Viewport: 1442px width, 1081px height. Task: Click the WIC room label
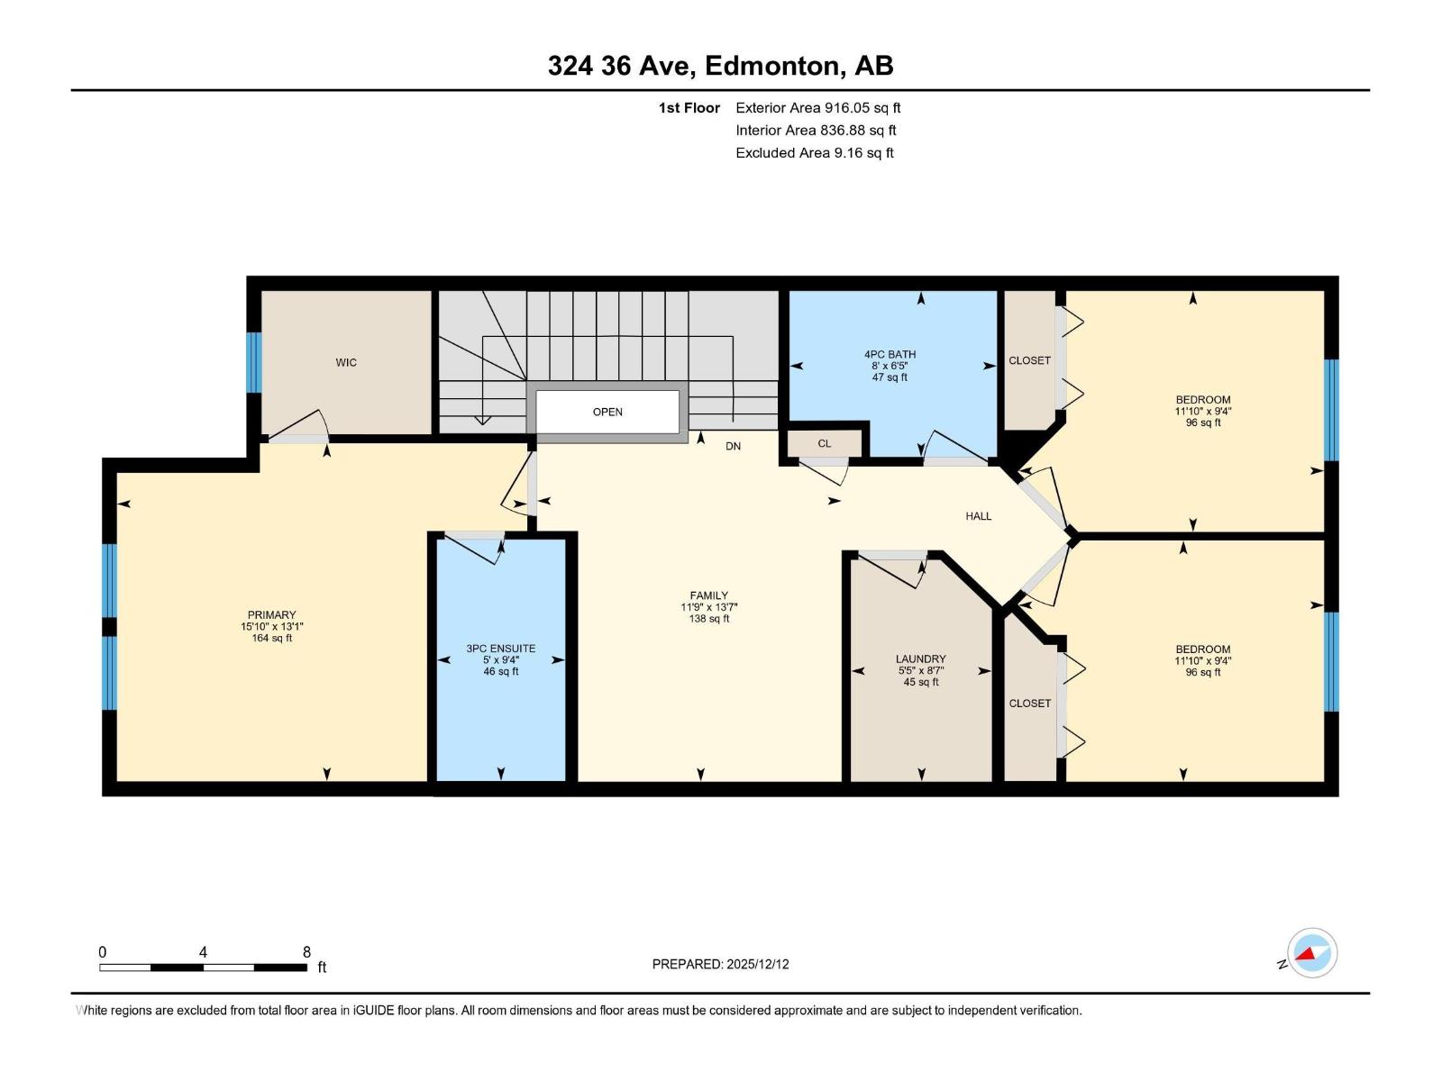click(345, 362)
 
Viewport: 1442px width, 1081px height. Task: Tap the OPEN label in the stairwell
click(607, 413)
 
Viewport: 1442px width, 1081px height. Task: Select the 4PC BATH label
click(890, 354)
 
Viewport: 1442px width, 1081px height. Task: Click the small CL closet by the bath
click(824, 444)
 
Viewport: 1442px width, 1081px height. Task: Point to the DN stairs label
click(733, 446)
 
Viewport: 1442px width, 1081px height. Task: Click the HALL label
click(978, 516)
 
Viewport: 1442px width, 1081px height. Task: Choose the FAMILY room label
click(708, 596)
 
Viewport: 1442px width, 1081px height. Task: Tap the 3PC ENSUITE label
click(500, 649)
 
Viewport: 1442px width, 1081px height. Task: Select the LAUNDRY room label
click(920, 659)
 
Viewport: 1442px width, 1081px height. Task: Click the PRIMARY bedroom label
click(271, 615)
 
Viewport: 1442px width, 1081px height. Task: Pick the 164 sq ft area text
click(271, 638)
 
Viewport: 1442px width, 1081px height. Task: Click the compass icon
click(1312, 952)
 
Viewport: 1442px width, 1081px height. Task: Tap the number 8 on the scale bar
click(306, 951)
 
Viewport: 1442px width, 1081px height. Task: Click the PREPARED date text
click(720, 964)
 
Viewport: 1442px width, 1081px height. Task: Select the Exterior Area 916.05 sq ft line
click(818, 108)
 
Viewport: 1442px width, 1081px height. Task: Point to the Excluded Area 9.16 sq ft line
click(815, 153)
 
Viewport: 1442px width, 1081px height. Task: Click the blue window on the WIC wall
click(253, 362)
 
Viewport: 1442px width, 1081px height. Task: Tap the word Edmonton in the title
click(772, 66)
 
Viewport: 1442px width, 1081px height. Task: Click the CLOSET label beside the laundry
click(1029, 704)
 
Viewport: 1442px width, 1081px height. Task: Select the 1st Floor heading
click(689, 108)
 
